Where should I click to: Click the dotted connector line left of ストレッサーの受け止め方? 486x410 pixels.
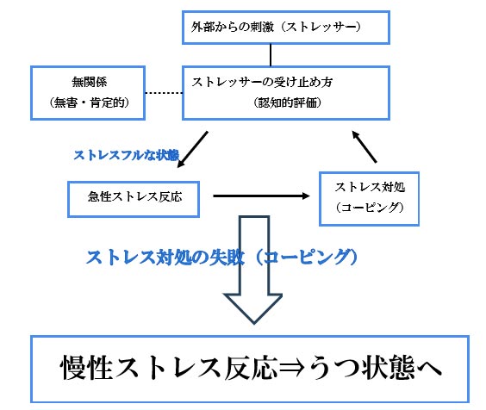pyautogui.click(x=164, y=93)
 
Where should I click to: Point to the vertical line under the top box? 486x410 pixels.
pyautogui.click(x=271, y=55)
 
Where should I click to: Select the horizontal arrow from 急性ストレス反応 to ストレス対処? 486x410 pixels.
pyautogui.click(x=261, y=196)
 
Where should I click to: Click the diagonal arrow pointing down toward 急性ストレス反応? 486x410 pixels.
pyautogui.click(x=192, y=149)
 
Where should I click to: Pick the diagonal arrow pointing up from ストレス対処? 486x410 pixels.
pyautogui.click(x=364, y=146)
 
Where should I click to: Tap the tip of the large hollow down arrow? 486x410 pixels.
pyautogui.click(x=254, y=323)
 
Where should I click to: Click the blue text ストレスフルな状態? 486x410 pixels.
pyautogui.click(x=127, y=155)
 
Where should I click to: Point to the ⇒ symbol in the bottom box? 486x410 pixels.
pyautogui.click(x=292, y=368)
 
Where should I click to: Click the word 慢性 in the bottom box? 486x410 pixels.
pyautogui.click(x=86, y=368)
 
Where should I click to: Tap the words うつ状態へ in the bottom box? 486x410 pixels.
pyautogui.click(x=374, y=368)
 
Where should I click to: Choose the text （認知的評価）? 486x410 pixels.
pyautogui.click(x=287, y=102)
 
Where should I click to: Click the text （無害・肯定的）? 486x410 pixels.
pyautogui.click(x=89, y=102)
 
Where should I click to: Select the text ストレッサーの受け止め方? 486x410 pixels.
pyautogui.click(x=262, y=82)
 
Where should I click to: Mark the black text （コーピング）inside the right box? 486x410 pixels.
pyautogui.click(x=370, y=208)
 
